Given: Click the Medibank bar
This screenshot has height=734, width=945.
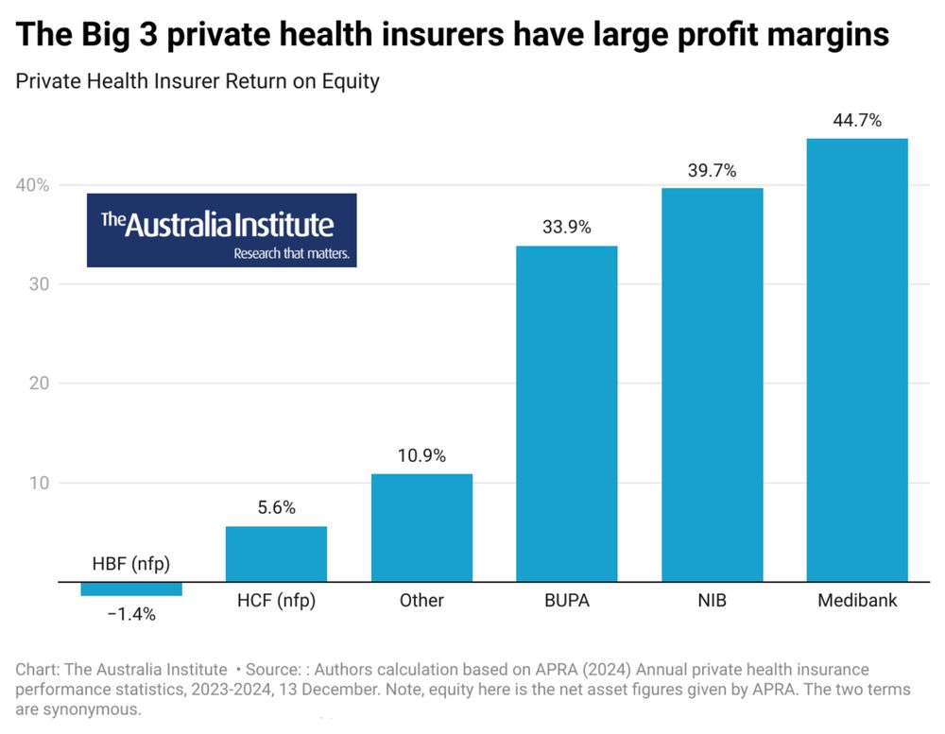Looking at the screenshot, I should [x=856, y=359].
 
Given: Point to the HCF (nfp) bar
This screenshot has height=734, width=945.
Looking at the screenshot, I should [x=276, y=554].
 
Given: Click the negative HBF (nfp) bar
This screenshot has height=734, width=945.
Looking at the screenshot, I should [x=131, y=589].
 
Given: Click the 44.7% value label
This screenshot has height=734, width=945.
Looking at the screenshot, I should [x=857, y=120].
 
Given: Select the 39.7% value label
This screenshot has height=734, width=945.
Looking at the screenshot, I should [x=712, y=170].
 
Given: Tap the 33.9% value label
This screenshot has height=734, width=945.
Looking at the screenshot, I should [x=567, y=227].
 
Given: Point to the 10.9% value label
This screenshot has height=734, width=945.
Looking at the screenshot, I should [x=421, y=454].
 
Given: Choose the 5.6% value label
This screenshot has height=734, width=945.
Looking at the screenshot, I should [x=276, y=507].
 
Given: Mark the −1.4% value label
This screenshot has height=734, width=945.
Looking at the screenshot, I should [x=131, y=614].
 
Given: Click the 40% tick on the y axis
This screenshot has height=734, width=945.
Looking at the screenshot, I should [x=32, y=184].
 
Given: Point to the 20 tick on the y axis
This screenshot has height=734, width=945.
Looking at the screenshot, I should [x=36, y=383].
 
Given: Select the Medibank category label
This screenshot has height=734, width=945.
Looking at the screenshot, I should [x=857, y=600].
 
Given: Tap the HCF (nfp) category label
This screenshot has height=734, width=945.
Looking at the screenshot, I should [x=276, y=600].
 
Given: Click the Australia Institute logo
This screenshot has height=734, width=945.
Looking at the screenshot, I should [x=222, y=230].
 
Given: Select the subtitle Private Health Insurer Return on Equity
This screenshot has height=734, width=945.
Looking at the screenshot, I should [x=198, y=81].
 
